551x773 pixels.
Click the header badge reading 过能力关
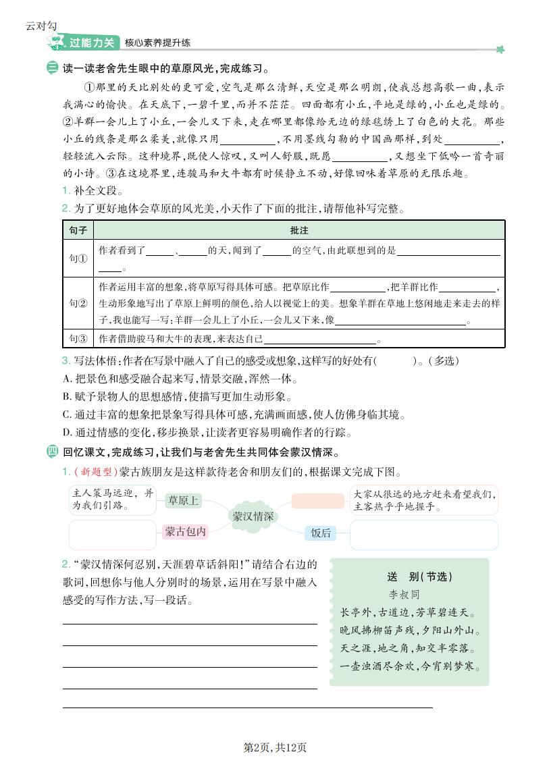tap(94, 43)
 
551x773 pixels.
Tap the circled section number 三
tap(53, 68)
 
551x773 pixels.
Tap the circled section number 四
tap(53, 452)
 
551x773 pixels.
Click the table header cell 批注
tap(299, 230)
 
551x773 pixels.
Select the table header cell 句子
tap(78, 230)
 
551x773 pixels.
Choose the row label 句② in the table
tap(78, 303)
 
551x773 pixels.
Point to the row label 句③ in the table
tap(78, 338)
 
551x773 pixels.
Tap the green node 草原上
tap(184, 500)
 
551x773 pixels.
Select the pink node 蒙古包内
tap(185, 532)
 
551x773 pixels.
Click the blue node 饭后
tap(321, 533)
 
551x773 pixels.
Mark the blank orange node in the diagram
tap(319, 500)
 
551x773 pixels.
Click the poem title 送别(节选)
tap(419, 577)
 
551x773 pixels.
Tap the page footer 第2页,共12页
tap(275, 747)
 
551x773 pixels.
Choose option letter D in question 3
tap(67, 432)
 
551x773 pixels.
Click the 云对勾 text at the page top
tap(41, 26)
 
